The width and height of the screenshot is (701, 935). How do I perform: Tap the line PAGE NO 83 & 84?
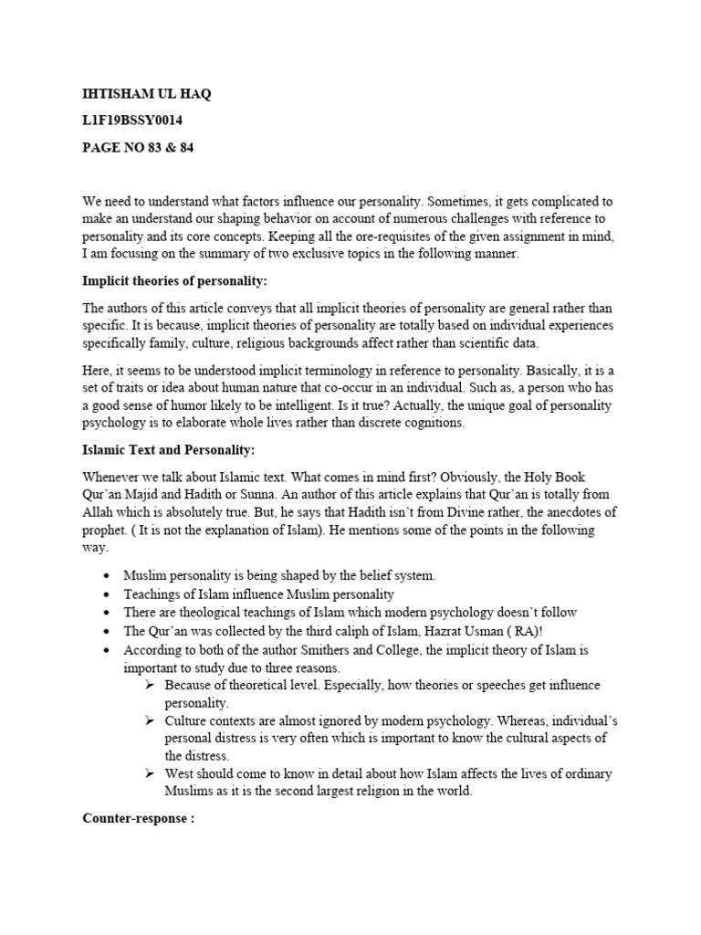138,147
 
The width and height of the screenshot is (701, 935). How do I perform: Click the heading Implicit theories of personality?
176,280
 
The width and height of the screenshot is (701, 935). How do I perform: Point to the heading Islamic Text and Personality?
169,450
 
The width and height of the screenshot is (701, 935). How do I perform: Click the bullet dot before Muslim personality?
108,576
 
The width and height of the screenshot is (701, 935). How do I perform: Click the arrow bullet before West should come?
149,774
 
